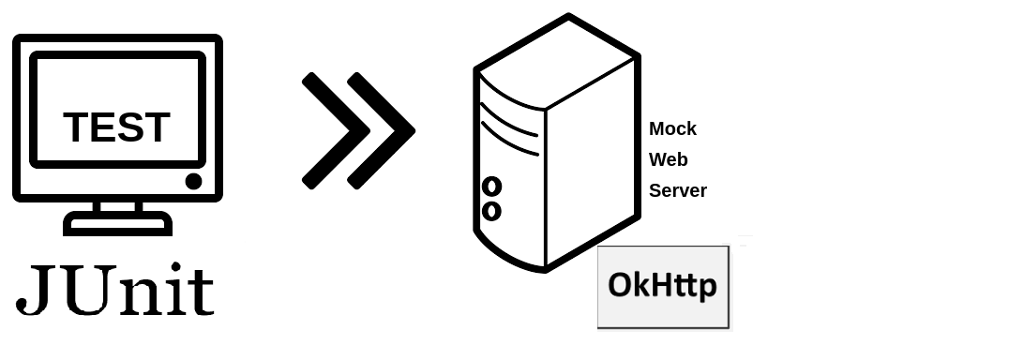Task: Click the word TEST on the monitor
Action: [x=117, y=127]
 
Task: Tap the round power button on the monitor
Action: [x=193, y=181]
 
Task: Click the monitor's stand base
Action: [x=117, y=223]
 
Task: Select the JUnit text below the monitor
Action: [x=115, y=290]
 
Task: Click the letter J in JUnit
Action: [x=34, y=290]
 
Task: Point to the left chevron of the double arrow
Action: [x=336, y=130]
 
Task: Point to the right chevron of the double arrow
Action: [x=381, y=130]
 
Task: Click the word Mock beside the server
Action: [x=672, y=128]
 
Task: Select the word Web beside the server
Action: [x=668, y=159]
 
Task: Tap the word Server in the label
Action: [x=678, y=190]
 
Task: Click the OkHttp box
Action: [x=664, y=287]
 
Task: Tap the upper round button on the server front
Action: [x=491, y=187]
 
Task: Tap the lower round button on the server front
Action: [x=491, y=211]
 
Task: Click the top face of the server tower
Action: [x=557, y=62]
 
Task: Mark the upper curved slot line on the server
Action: [x=509, y=121]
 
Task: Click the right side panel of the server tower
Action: [x=591, y=163]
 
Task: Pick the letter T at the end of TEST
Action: [x=157, y=127]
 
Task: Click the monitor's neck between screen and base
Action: [x=117, y=206]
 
